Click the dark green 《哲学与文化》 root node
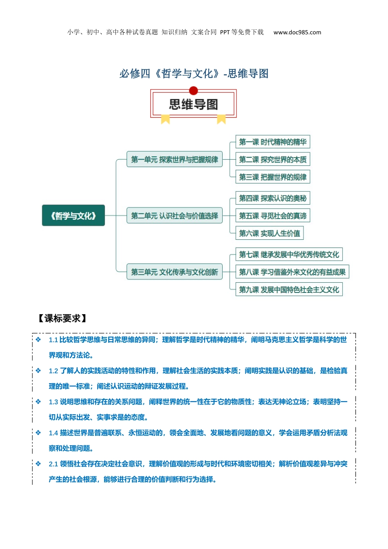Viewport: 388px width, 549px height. point(73,215)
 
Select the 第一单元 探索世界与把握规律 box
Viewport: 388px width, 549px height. point(174,159)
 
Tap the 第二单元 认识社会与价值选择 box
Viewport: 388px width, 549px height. point(174,215)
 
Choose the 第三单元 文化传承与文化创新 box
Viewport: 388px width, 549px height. point(174,272)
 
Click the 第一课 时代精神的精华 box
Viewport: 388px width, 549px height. point(272,142)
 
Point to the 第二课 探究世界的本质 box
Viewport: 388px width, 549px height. point(272,159)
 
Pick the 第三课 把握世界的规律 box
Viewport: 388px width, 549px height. point(272,177)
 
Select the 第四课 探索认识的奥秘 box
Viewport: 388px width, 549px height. point(272,198)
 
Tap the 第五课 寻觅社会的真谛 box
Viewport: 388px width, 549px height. point(272,215)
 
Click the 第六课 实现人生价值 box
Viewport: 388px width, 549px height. point(270,233)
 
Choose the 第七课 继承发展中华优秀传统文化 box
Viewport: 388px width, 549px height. point(289,254)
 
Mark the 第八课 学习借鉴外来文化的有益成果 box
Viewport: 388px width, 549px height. point(292,272)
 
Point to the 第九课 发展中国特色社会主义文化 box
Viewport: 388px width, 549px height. point(289,290)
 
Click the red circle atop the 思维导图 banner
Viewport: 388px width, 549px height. point(193,91)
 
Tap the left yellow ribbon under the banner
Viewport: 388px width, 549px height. point(165,119)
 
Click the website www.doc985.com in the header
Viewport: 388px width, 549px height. point(297,32)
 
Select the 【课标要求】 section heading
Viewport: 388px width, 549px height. point(62,318)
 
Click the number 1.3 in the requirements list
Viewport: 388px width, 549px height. point(53,402)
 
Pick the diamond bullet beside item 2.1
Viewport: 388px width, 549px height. point(38,464)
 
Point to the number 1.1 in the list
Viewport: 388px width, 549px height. point(53,340)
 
